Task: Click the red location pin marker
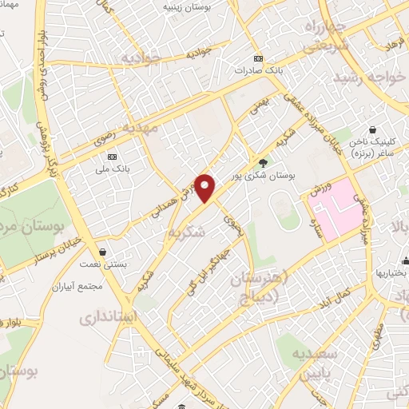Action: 205,187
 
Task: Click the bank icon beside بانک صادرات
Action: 258,59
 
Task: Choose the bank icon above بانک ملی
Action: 113,156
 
